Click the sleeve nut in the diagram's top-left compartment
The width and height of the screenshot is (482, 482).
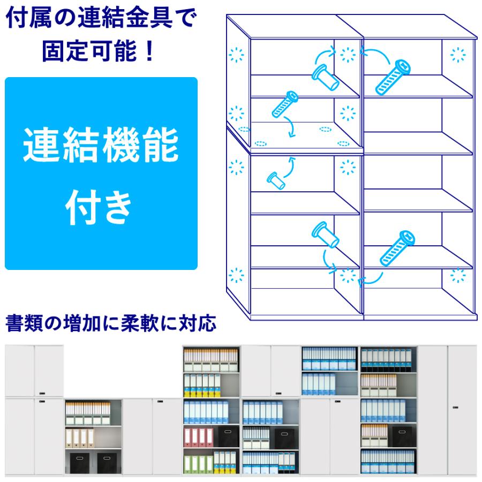[325, 76]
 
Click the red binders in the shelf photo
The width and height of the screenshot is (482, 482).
[195, 436]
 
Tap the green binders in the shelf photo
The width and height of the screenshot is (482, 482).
[195, 463]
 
